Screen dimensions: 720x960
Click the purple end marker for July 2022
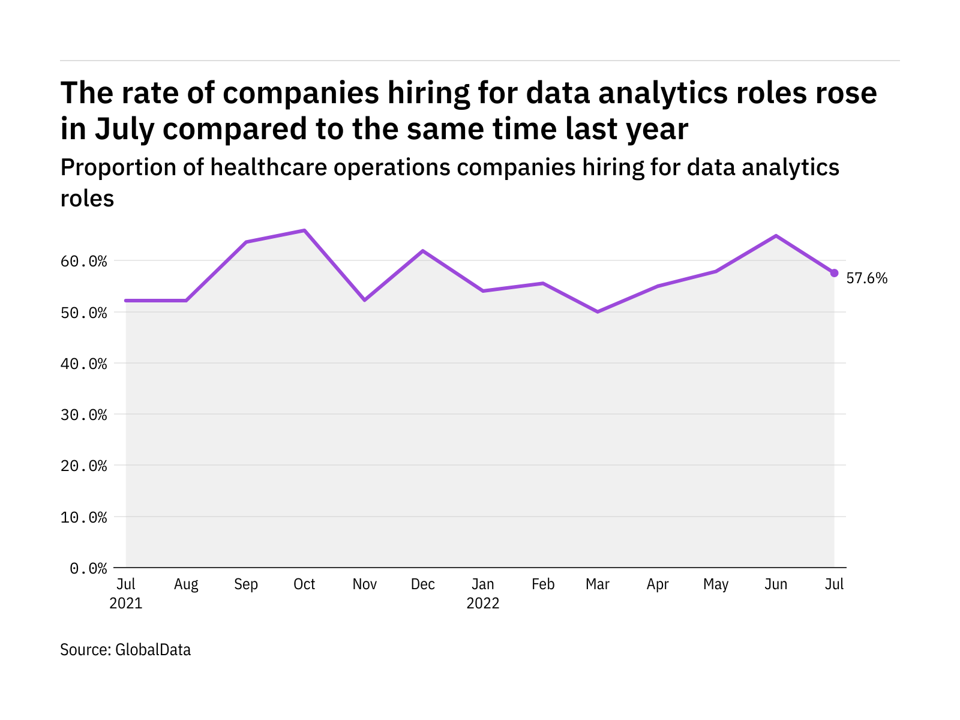(x=834, y=273)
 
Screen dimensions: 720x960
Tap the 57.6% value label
(x=866, y=278)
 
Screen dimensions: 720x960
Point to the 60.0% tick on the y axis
(x=84, y=262)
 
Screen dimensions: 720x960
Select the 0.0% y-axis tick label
(x=88, y=568)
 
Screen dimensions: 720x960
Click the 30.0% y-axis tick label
(x=84, y=415)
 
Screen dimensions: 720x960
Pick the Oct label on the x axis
(x=304, y=584)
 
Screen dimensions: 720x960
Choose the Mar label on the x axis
(x=598, y=584)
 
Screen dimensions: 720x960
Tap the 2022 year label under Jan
(x=483, y=604)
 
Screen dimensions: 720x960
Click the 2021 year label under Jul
(x=126, y=604)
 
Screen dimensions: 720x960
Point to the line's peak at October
(x=305, y=230)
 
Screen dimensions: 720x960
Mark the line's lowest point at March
(x=598, y=312)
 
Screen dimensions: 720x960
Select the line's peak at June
(x=776, y=236)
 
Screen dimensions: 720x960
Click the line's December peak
(x=423, y=251)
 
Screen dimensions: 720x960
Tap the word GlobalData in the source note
(x=153, y=650)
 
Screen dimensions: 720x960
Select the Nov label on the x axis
(x=364, y=584)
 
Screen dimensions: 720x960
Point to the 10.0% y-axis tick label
(x=84, y=517)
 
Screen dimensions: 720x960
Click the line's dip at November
(x=364, y=300)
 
